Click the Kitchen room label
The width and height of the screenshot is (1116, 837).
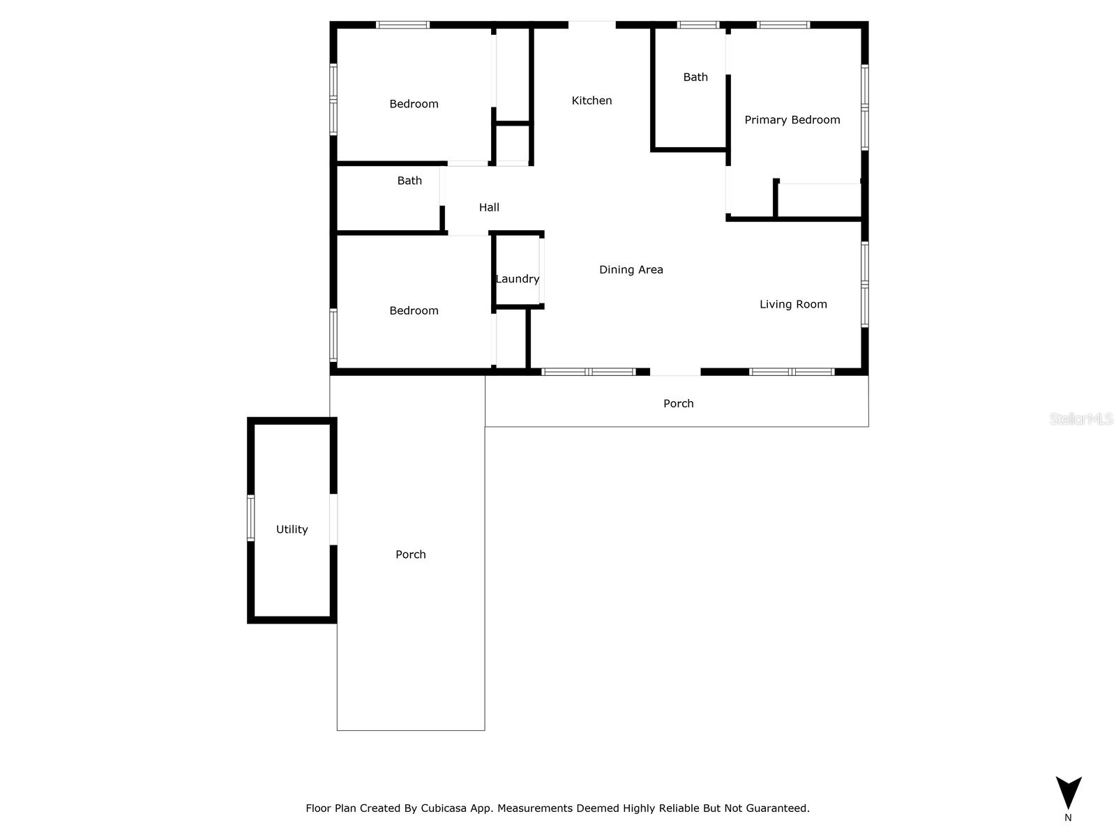click(x=591, y=100)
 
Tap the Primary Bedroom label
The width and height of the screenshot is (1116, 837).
click(x=792, y=120)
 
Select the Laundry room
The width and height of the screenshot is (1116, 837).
click(x=518, y=278)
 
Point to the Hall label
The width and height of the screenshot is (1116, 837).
click(x=489, y=207)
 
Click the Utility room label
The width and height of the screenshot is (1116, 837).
click(x=292, y=529)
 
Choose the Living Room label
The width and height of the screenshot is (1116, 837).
click(x=793, y=304)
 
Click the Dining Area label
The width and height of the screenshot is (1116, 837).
click(x=631, y=270)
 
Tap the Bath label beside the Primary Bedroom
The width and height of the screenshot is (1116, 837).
click(x=695, y=77)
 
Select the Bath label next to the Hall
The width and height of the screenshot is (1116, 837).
click(x=409, y=181)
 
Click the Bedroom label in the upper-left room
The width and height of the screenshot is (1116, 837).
click(x=414, y=104)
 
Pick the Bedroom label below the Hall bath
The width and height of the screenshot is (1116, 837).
click(x=414, y=311)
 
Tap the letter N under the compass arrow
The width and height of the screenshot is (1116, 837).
click(x=1068, y=817)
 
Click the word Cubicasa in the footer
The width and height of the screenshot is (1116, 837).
click(x=444, y=808)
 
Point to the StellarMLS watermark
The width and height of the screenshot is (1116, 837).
click(x=1080, y=418)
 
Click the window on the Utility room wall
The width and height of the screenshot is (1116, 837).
click(x=250, y=518)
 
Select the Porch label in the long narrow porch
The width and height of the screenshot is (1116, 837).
click(x=410, y=555)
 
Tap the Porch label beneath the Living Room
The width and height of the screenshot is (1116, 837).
click(x=678, y=403)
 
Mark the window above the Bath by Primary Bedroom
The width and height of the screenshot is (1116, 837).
click(x=697, y=25)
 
